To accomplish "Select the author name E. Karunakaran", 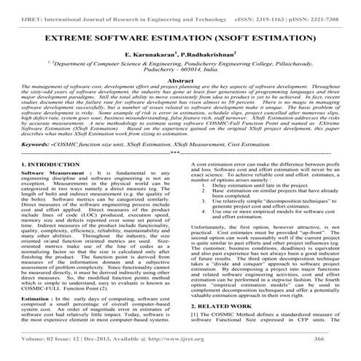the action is click(150, 55).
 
